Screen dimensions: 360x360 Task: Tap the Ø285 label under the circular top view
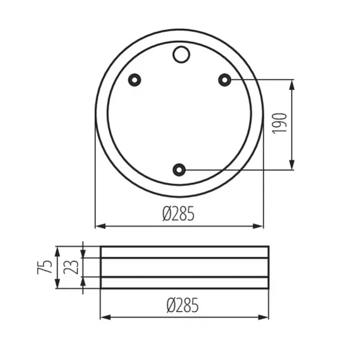click(x=178, y=214)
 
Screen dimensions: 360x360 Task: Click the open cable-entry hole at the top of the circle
click(x=180, y=55)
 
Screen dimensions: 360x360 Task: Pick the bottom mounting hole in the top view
click(x=179, y=170)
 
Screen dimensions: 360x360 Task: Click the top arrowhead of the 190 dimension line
click(x=292, y=83)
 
